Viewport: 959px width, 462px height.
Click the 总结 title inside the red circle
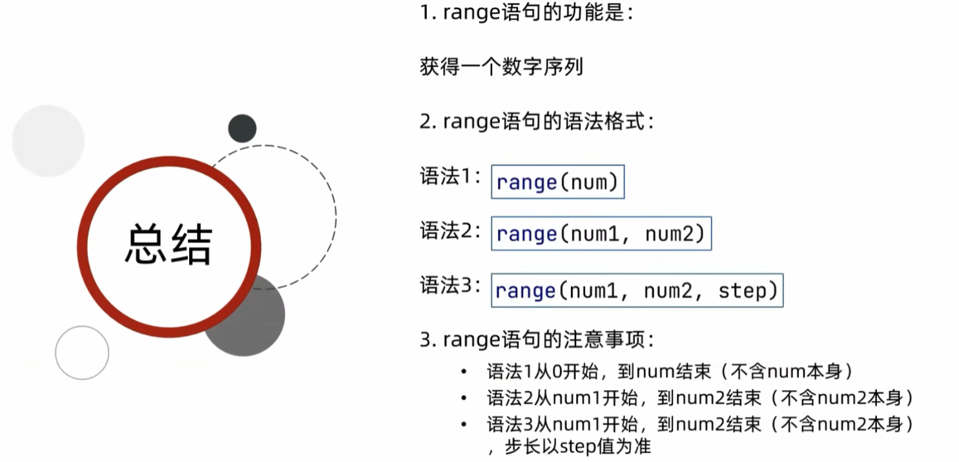(169, 244)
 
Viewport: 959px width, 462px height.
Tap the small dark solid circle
(242, 129)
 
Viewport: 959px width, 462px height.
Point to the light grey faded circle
(48, 141)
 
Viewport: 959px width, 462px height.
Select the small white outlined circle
(82, 353)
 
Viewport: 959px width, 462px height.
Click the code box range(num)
(558, 182)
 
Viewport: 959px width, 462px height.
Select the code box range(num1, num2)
(601, 233)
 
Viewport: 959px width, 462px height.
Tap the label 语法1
(450, 176)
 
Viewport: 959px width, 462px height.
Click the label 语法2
(450, 231)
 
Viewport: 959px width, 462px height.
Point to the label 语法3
(450, 285)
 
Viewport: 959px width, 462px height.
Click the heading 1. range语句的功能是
(526, 12)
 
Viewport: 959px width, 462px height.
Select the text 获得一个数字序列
(501, 67)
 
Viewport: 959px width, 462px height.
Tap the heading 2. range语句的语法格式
(537, 121)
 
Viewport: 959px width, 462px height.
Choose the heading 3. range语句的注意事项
(537, 340)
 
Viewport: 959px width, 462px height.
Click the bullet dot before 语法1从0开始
(464, 372)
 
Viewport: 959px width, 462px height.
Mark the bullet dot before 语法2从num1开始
(464, 398)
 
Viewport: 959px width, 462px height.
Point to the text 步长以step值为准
(578, 446)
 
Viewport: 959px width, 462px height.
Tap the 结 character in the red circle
(192, 244)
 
